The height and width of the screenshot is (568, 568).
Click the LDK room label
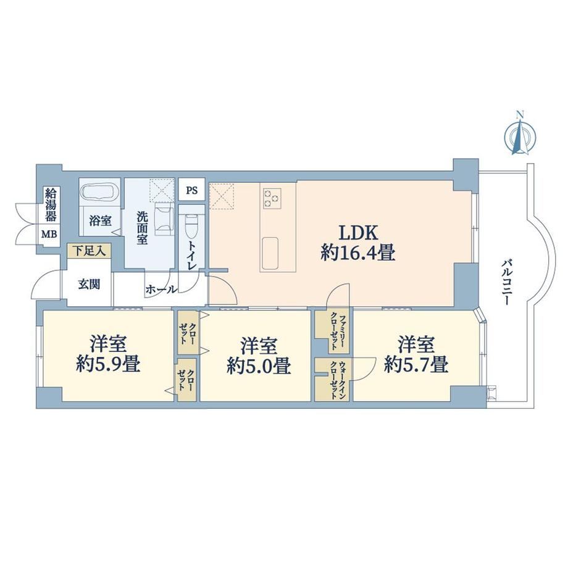358,233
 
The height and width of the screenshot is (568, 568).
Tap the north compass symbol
520,135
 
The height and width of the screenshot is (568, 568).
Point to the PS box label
192,190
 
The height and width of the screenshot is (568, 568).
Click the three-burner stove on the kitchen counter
272,198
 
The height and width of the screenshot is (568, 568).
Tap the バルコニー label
506,282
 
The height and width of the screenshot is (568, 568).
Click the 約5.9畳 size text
108,364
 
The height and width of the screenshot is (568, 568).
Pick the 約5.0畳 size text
259,366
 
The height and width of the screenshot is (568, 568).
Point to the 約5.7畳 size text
416,364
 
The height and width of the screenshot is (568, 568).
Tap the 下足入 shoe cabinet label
90,251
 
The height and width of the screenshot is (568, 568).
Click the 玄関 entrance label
89,285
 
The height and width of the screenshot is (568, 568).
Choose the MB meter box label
49,235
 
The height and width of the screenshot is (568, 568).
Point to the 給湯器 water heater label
50,204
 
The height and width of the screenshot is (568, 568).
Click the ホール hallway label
161,290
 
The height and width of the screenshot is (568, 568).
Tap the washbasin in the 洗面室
164,216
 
